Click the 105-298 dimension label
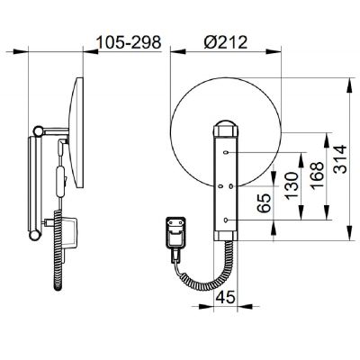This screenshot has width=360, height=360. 130,42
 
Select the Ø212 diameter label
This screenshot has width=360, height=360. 226,42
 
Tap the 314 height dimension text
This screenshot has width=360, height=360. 340,159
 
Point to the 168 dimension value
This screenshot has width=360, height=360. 317,175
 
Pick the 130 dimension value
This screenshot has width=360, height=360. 292,186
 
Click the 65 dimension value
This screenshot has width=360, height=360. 265,203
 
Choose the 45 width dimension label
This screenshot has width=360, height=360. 225,297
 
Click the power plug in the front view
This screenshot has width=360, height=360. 175,233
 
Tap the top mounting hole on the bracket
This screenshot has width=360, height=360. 226,153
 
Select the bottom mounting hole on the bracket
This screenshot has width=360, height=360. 226,220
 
